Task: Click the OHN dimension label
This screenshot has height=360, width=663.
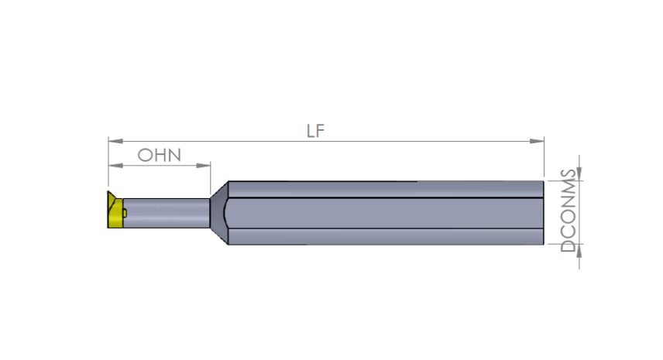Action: [x=160, y=155]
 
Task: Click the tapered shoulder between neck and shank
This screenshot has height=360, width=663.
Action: [x=220, y=213]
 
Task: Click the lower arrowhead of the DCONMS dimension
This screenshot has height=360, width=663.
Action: [x=580, y=249]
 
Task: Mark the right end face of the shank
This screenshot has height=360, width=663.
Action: [x=544, y=213]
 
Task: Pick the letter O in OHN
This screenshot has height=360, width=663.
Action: [x=146, y=155]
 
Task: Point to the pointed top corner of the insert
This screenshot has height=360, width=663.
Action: [x=109, y=195]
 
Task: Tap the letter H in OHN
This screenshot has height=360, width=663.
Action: [x=160, y=155]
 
